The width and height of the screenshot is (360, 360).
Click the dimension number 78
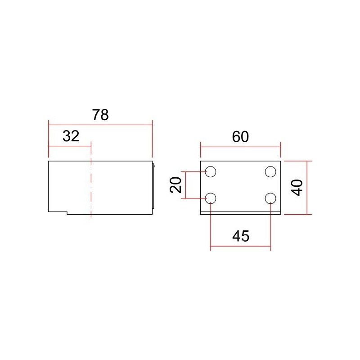coord(100,115)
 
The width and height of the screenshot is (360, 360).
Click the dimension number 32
coord(71,136)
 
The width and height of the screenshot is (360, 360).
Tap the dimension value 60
coord(240,137)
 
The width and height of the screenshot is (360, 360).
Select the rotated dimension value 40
coord(297,187)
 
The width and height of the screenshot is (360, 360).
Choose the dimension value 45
coord(240,236)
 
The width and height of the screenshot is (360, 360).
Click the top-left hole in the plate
coord(211,171)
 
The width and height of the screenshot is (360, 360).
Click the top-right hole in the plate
coord(270,171)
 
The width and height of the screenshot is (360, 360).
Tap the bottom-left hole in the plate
coord(211,198)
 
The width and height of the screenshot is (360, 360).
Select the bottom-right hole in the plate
coord(270,198)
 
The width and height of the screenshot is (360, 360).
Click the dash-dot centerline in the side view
coord(91,189)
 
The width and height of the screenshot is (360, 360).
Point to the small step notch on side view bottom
coord(67,212)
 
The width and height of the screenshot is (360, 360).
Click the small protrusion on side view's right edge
coord(154,167)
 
